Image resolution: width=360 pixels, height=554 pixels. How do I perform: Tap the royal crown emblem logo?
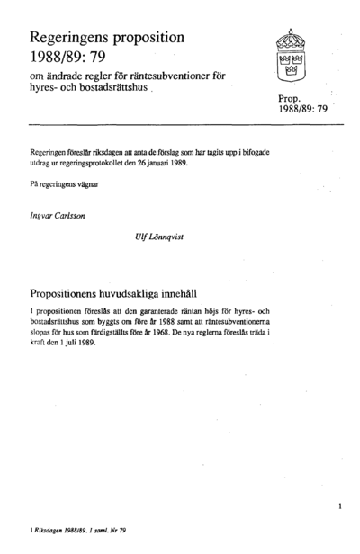(x=294, y=55)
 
